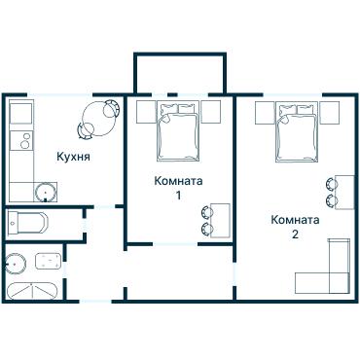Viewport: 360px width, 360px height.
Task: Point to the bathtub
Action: click(29, 223)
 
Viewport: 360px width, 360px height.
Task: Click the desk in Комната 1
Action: click(220, 221)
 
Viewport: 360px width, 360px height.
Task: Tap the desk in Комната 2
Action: click(342, 192)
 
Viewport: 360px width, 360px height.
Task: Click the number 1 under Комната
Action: click(178, 196)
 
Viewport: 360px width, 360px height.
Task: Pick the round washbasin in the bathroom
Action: click(16, 263)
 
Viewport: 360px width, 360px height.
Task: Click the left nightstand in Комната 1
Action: click(145, 111)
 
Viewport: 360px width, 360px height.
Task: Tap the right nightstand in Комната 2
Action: click(330, 113)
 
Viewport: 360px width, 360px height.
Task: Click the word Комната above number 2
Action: click(295, 220)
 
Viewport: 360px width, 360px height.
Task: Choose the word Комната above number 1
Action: click(178, 180)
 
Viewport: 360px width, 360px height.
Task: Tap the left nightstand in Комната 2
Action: click(264, 113)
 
